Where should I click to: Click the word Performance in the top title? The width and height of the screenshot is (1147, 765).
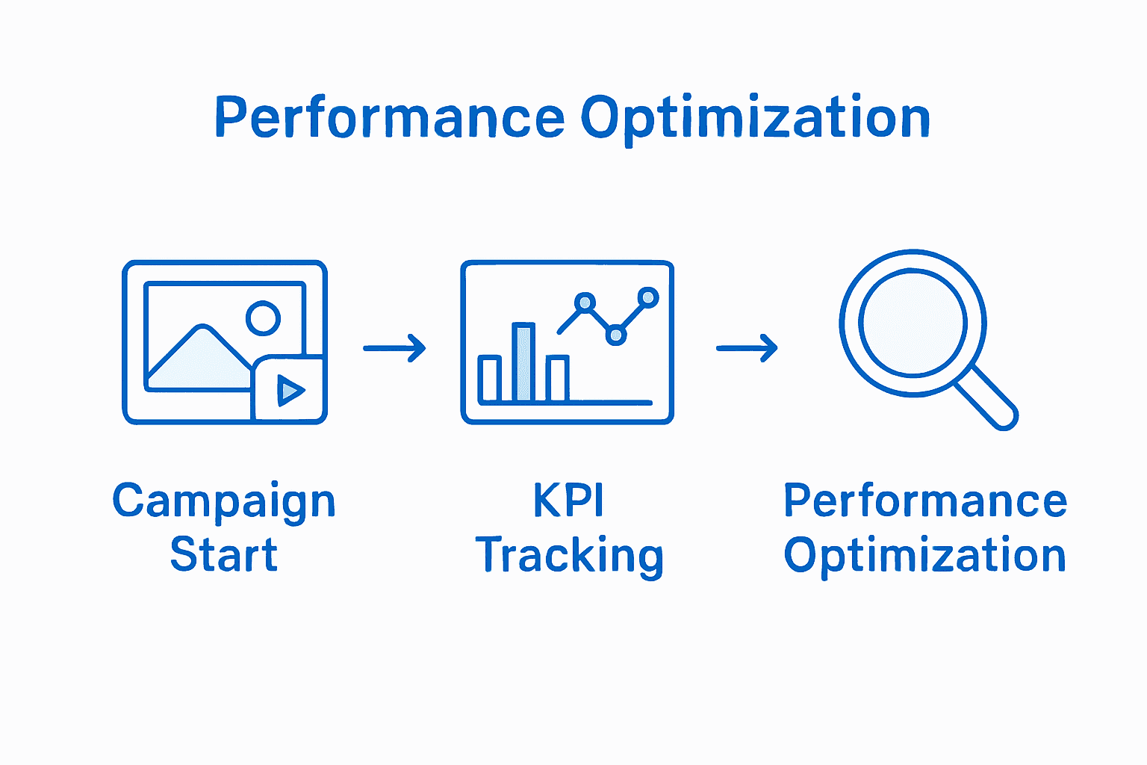pos(389,118)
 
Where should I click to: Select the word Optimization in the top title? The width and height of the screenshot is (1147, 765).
pos(755,118)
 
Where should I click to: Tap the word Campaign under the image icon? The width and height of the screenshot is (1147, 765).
pos(224,502)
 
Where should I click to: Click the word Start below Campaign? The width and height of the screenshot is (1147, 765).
pos(224,555)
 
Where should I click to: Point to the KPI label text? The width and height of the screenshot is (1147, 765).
pos(568,501)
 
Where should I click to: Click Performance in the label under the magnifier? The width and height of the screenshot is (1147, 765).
pos(925,501)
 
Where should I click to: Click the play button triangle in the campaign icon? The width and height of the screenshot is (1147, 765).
pos(290,390)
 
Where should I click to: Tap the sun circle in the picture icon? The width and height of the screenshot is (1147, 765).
pos(263,318)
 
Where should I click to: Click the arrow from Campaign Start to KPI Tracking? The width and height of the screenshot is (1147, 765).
pos(394,348)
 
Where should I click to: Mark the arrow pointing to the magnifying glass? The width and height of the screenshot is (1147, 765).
pos(747,348)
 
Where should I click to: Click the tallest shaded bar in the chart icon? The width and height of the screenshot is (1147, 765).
pos(523,363)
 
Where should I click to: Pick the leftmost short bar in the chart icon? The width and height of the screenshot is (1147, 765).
pos(490,380)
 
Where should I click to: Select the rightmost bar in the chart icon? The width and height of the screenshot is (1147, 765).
pos(557,379)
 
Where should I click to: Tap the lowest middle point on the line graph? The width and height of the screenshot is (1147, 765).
pos(615,335)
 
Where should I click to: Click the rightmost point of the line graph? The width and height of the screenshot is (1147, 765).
pos(648,298)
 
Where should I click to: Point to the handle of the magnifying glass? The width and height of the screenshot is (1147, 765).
pos(987,398)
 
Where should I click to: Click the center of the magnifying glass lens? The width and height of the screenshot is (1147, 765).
pos(913,323)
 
